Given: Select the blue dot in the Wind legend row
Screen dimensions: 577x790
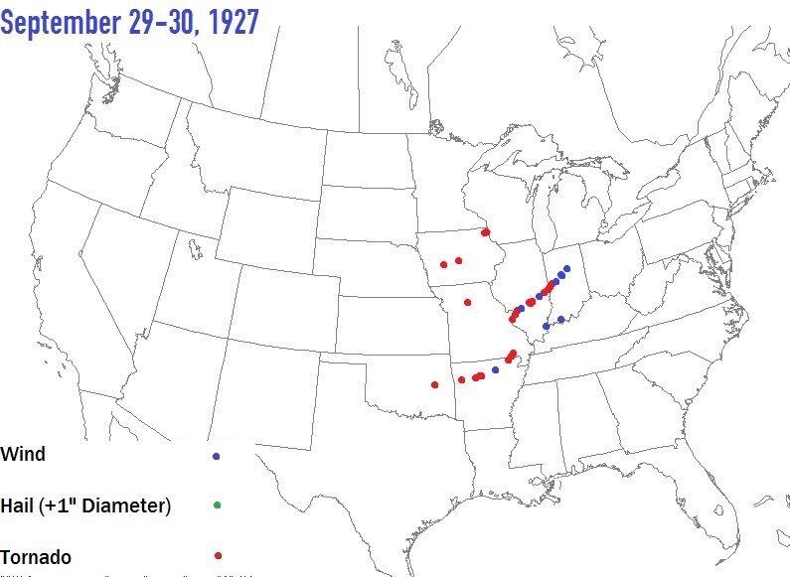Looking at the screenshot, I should pyautogui.click(x=217, y=456).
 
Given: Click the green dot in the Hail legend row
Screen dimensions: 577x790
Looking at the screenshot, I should pyautogui.click(x=217, y=505).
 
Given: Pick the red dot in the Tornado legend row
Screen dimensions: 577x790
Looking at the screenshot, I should pyautogui.click(x=217, y=556).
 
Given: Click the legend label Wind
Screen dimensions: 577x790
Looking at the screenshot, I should pyautogui.click(x=23, y=455).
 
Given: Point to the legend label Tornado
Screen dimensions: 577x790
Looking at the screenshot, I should pyautogui.click(x=36, y=556).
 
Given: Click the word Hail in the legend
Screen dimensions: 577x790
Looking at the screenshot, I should pyautogui.click(x=20, y=505).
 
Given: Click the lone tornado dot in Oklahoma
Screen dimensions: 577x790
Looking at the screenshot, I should pyautogui.click(x=434, y=384).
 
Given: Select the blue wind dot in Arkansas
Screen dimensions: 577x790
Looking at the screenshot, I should pyautogui.click(x=496, y=369).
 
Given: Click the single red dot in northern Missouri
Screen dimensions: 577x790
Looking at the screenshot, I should pyautogui.click(x=467, y=302).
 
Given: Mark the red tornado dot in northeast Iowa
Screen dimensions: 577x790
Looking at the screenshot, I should pyautogui.click(x=486, y=232).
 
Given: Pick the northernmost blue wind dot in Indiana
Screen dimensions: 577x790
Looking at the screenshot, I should pyautogui.click(x=566, y=268).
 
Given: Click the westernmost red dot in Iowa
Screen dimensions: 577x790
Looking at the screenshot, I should pyautogui.click(x=443, y=264).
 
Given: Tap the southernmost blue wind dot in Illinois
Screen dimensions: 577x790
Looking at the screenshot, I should pyautogui.click(x=546, y=326).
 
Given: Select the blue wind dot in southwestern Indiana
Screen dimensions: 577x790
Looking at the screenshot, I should pyautogui.click(x=561, y=319).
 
